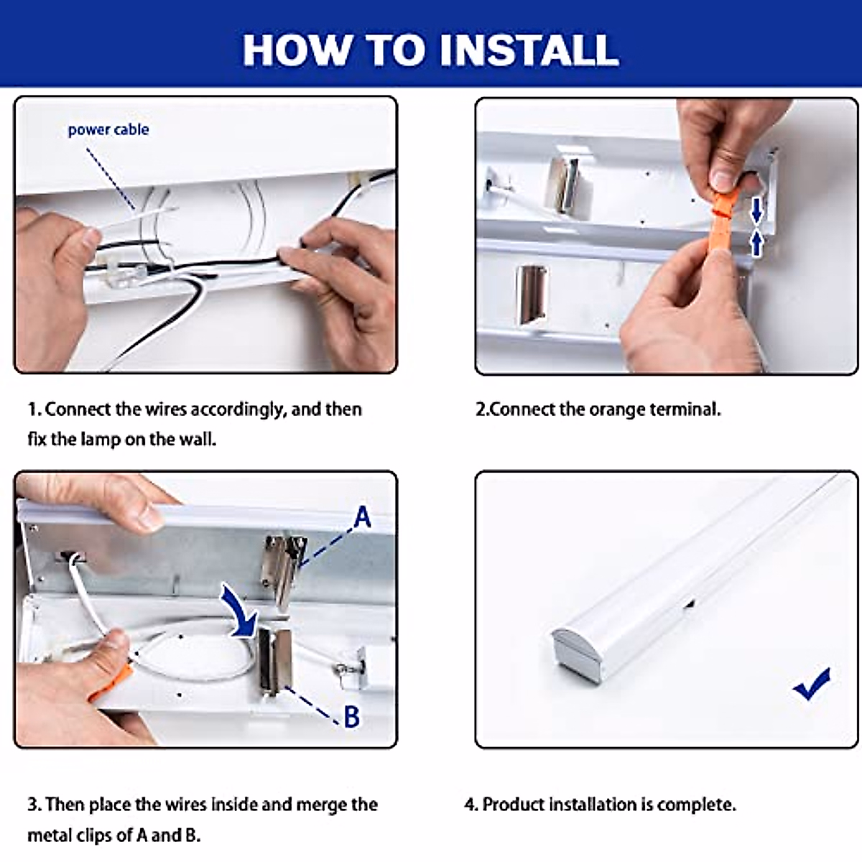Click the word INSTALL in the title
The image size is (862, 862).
529,50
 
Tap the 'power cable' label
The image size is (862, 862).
108,130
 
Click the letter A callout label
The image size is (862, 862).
362,516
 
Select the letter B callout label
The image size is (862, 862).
352,716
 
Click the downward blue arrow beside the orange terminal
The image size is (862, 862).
756,210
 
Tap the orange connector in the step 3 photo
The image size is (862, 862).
112,684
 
